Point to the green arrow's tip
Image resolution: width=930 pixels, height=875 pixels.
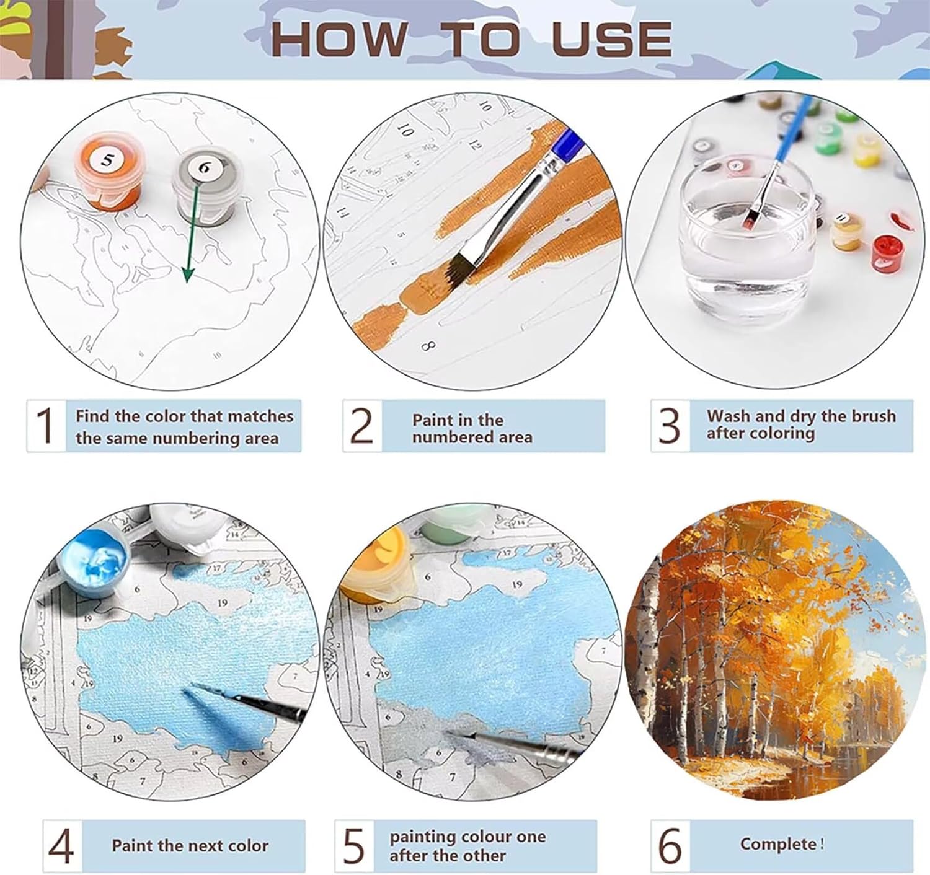[x=188, y=282]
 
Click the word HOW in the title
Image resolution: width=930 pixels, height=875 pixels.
[x=340, y=39]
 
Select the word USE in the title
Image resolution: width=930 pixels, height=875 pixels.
[x=612, y=39]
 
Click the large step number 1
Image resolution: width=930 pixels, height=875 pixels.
[x=46, y=425]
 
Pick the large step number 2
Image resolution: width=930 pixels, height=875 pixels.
[x=362, y=425]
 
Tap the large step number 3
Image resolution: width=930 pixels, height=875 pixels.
[x=670, y=425]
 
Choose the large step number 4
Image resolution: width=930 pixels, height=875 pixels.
[x=61, y=846]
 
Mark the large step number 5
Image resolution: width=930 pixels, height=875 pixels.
[x=354, y=846]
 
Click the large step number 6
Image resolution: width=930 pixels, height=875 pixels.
[x=670, y=846]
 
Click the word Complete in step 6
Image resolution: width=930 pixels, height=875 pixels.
[x=778, y=844]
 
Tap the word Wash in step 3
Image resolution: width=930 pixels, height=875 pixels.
[x=730, y=416]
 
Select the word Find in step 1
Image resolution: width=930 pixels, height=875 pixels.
[x=94, y=416]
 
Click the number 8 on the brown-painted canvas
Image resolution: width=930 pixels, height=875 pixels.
[x=428, y=346]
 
